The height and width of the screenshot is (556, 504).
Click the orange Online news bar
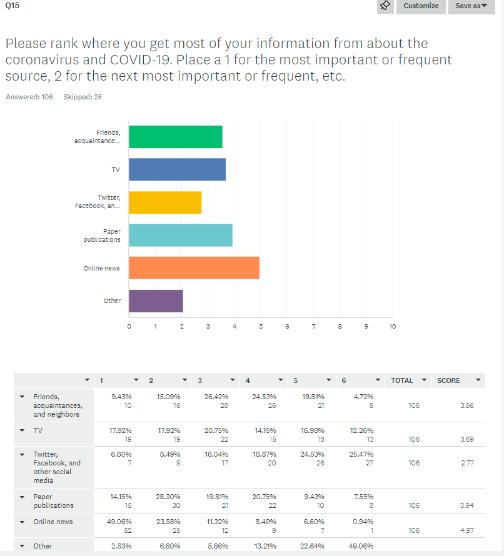tap(194, 268)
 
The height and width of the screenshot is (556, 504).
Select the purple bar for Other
tap(156, 300)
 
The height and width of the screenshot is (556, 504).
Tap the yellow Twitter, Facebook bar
tap(165, 202)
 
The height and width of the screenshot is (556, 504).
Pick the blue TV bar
tap(177, 169)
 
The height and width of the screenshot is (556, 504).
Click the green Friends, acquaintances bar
tap(175, 137)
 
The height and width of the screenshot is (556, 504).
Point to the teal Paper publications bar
tap(181, 235)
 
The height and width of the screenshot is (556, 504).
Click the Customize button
tap(421, 6)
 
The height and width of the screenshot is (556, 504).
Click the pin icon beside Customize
tap(385, 6)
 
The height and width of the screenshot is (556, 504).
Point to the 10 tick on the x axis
tap(393, 326)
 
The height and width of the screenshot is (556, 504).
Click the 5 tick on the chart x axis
tap(261, 326)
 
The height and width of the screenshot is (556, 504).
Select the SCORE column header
tap(448, 380)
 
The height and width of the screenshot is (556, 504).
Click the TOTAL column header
tap(402, 380)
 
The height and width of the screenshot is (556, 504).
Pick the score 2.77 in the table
tap(466, 463)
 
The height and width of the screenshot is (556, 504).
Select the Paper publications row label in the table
tap(53, 501)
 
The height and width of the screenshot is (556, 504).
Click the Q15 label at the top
tap(12, 5)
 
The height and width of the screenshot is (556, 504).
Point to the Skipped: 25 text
tap(83, 97)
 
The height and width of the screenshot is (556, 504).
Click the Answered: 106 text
tap(29, 97)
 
